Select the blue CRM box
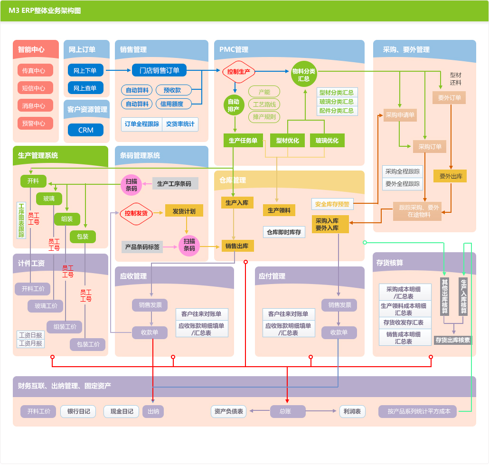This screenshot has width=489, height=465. tap(86, 130)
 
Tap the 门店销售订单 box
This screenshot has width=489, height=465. tap(159, 70)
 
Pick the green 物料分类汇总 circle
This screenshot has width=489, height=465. tap(304, 75)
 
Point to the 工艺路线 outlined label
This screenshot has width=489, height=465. tap(264, 104)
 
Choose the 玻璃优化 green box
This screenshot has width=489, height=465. tap(327, 140)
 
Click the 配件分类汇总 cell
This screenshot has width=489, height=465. tap(337, 111)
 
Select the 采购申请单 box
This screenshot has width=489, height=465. tap(400, 115)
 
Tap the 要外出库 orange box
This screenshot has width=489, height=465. tap(450, 176)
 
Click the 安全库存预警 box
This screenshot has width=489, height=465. tap(332, 204)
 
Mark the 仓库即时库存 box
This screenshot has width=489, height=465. tap(284, 232)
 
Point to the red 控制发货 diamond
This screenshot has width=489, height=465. tap(136, 213)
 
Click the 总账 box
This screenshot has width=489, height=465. tap(288, 411)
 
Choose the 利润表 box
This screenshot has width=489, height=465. tap(352, 411)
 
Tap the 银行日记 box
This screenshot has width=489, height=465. tap(78, 411)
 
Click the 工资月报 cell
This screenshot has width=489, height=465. tap(30, 343)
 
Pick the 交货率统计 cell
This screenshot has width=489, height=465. tap(180, 124)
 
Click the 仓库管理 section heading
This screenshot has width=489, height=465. tap(233, 180)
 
